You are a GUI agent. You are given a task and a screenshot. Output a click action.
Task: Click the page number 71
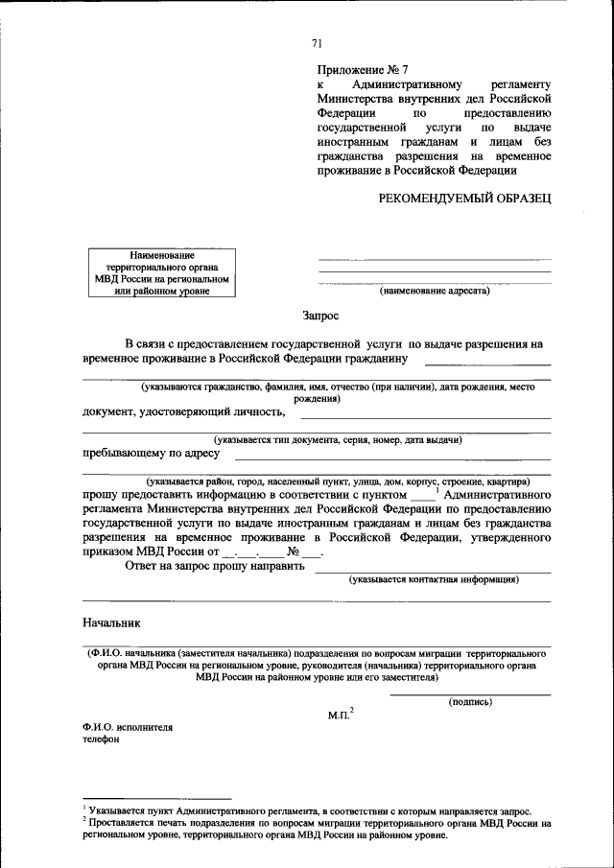[317, 44]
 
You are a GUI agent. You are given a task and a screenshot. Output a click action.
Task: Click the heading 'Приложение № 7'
[363, 70]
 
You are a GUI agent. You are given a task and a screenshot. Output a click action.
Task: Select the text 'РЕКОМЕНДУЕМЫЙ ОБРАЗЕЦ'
[464, 198]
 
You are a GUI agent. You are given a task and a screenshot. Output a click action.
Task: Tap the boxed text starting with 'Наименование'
[162, 273]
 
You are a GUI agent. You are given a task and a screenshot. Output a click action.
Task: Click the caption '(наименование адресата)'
[434, 290]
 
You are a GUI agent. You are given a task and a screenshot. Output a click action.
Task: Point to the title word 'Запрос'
[319, 314]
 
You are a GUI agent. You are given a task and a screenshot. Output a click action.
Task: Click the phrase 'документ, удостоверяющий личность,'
[184, 412]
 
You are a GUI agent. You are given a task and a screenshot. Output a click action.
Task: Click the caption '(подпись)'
[470, 702]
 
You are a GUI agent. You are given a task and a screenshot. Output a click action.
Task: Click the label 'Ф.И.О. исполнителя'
[128, 727]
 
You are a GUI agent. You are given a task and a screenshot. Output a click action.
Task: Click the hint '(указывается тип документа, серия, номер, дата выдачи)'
[339, 439]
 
